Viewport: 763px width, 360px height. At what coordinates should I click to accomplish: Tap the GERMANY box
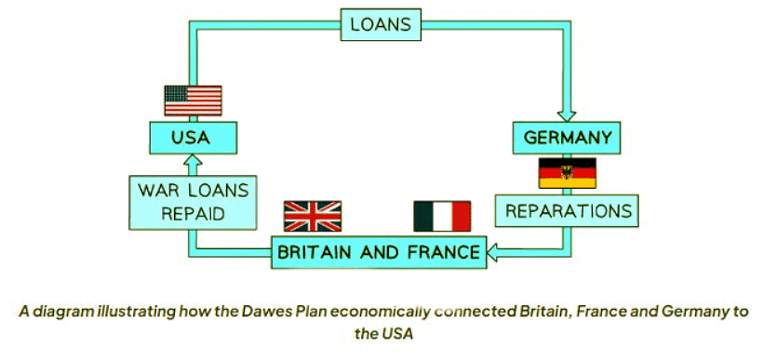click(x=568, y=139)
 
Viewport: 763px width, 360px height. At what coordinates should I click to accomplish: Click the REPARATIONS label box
click(x=568, y=211)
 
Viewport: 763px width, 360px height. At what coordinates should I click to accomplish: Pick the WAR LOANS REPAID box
click(x=193, y=202)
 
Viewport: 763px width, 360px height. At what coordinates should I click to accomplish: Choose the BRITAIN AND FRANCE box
click(x=378, y=251)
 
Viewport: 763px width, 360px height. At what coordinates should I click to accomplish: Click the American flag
click(x=193, y=100)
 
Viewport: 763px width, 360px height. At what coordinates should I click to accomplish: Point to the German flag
click(x=568, y=173)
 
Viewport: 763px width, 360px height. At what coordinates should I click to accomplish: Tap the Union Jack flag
click(x=313, y=216)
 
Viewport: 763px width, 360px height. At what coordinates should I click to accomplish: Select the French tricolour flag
click(x=442, y=216)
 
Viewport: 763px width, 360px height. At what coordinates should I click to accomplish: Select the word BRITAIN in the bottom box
click(x=316, y=251)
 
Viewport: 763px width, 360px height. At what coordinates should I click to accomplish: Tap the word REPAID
click(x=193, y=213)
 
